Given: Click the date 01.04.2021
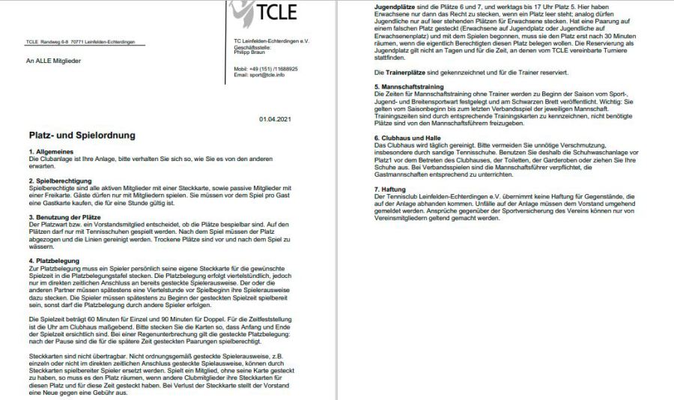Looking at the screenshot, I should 274,120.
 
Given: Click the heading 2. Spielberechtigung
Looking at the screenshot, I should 59,181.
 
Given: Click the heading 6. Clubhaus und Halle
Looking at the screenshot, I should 408,138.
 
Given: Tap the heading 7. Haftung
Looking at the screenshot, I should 390,189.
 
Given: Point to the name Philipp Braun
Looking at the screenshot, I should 250,52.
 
